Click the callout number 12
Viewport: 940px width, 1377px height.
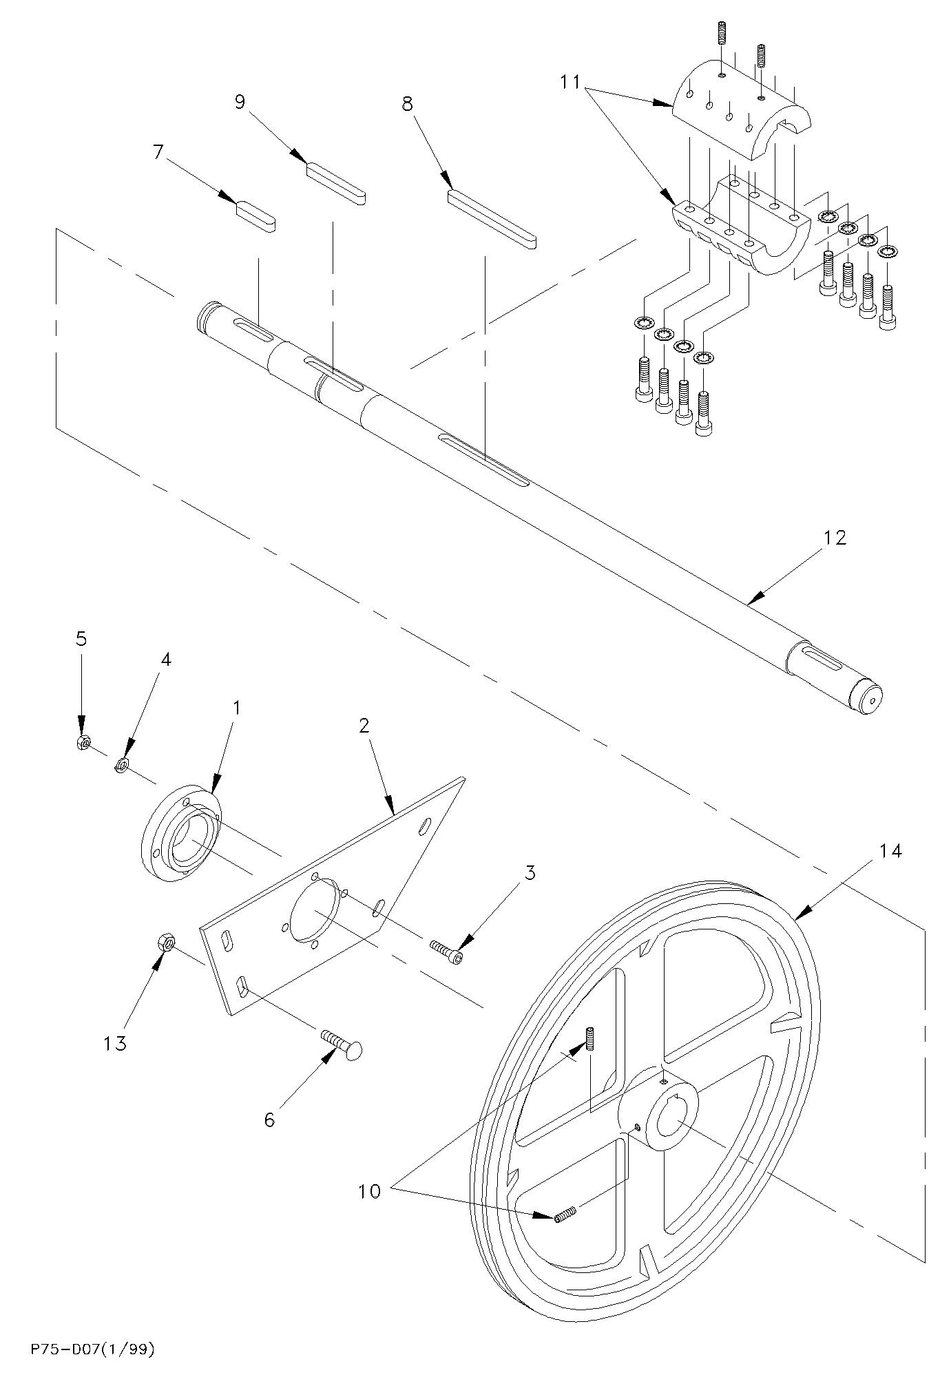[x=834, y=537]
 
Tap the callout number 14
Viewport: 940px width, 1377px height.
[x=890, y=851]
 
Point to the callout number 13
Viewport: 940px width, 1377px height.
[x=115, y=1044]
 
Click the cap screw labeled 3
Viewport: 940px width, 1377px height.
[x=446, y=952]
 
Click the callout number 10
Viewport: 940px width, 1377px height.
[x=369, y=1191]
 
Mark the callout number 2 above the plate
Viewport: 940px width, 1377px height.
[x=364, y=724]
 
